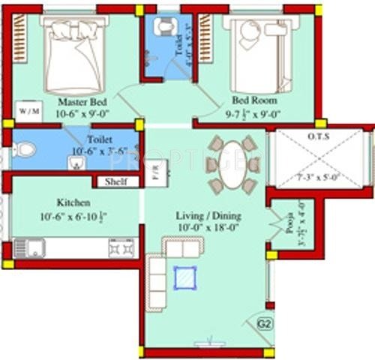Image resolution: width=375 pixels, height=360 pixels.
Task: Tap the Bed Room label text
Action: [x=254, y=100]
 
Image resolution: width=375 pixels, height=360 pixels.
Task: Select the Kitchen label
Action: [x=73, y=203]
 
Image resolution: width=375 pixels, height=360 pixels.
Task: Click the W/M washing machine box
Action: [x=28, y=111]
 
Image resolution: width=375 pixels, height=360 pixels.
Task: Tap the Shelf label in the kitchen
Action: [x=115, y=181]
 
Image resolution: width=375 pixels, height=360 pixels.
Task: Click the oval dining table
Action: [x=232, y=163]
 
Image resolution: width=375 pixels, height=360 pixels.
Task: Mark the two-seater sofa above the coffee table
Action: [x=183, y=248]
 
